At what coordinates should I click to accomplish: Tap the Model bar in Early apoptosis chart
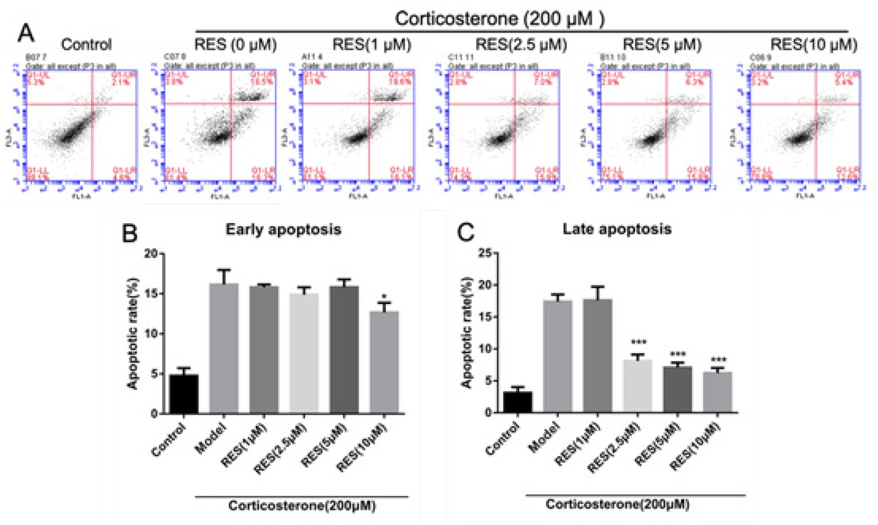coord(223,348)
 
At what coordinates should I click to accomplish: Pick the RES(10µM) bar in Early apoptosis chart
coord(384,362)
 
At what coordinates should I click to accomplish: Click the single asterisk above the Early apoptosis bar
coord(384,296)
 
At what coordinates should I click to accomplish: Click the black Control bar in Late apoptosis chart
coord(518,401)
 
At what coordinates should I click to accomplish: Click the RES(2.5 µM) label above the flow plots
coord(521,45)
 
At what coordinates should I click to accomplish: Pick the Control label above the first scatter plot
coord(87,46)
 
